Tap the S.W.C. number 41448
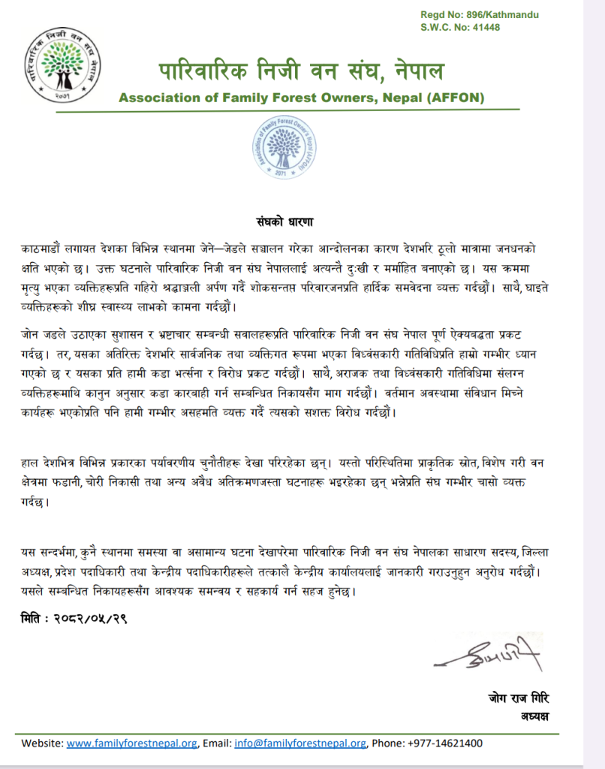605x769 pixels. coord(481,28)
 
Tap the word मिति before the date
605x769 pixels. coord(33,620)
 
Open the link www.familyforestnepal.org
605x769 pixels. coord(131,743)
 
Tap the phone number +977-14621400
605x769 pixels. coord(445,743)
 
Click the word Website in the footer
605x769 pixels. coord(41,743)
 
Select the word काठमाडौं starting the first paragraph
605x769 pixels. coord(43,248)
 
